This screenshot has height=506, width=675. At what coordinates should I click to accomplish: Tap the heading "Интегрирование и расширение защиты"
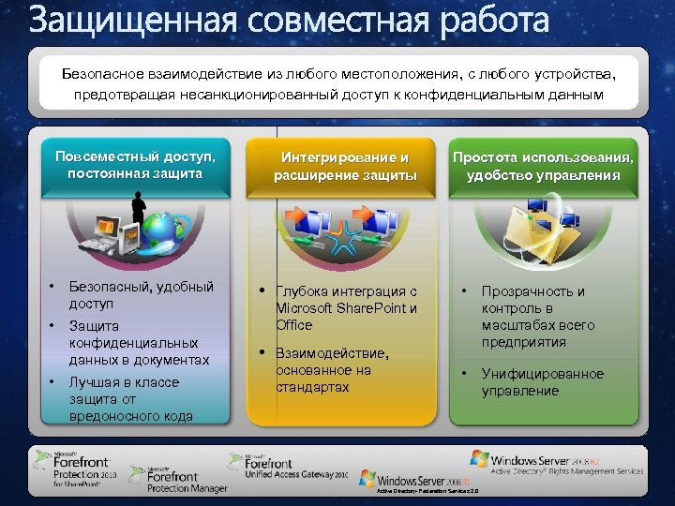345,166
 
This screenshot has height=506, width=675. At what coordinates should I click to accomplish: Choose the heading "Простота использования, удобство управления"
543,166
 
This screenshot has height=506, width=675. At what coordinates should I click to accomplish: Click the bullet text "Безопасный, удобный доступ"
142,295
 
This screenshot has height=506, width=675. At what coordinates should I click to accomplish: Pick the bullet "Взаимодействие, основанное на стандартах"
331,369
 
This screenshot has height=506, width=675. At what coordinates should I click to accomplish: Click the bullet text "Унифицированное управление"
543,382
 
